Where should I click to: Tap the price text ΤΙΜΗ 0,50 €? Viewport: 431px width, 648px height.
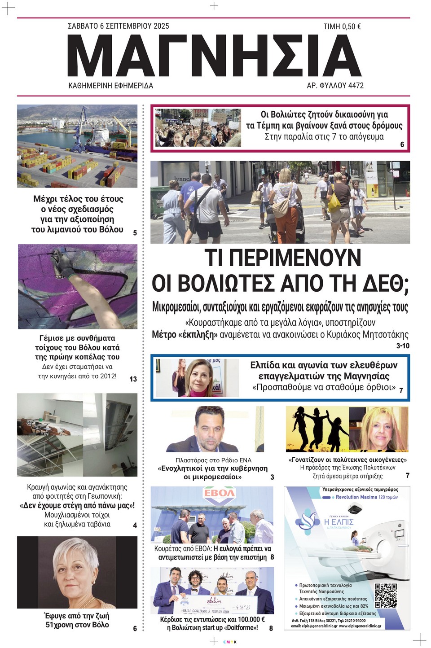click(x=342, y=27)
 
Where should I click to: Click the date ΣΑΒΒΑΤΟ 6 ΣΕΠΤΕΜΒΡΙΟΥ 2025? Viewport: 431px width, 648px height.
click(x=119, y=26)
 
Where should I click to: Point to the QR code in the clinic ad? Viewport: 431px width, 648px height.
click(x=386, y=595)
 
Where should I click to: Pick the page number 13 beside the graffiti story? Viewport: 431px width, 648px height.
click(x=133, y=379)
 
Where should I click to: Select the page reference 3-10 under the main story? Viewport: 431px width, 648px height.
click(x=403, y=346)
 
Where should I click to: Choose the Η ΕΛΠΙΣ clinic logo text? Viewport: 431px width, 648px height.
click(x=339, y=522)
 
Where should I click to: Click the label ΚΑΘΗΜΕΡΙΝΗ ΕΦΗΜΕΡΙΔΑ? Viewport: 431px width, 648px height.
click(x=110, y=85)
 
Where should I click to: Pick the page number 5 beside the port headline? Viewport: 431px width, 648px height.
click(x=135, y=232)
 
